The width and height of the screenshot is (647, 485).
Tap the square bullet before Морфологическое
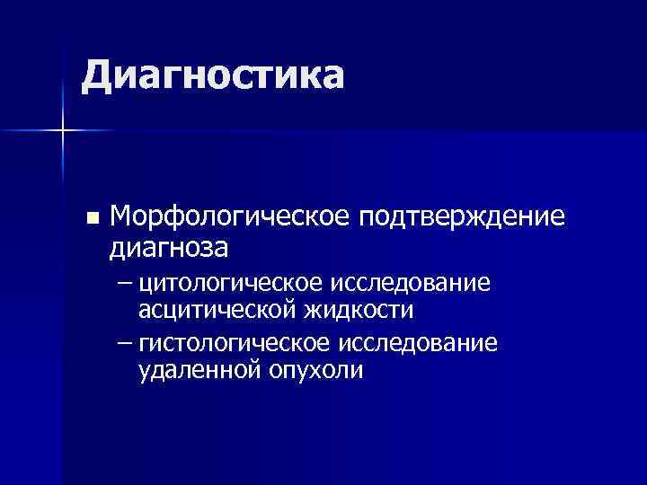click(x=89, y=218)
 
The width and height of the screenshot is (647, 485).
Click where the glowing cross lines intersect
click(x=63, y=131)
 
